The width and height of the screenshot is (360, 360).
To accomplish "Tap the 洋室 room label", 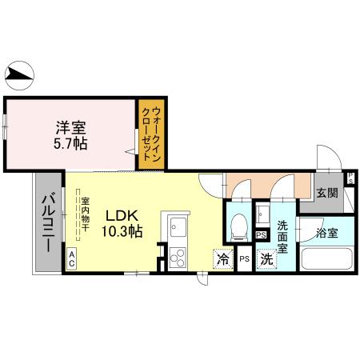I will coord(71,126).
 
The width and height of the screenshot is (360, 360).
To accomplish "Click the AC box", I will coord(72,258).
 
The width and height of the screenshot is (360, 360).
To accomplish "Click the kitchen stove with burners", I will coord(177,257).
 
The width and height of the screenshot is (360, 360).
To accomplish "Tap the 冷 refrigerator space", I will coord(222,258).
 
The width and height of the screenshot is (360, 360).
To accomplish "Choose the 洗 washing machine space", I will coord(266,258).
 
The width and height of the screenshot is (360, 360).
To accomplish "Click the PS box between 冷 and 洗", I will coord(244,259).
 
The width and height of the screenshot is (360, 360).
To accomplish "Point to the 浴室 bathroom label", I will coord(326,234).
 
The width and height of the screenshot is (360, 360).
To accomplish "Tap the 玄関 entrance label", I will coord(326,193).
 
